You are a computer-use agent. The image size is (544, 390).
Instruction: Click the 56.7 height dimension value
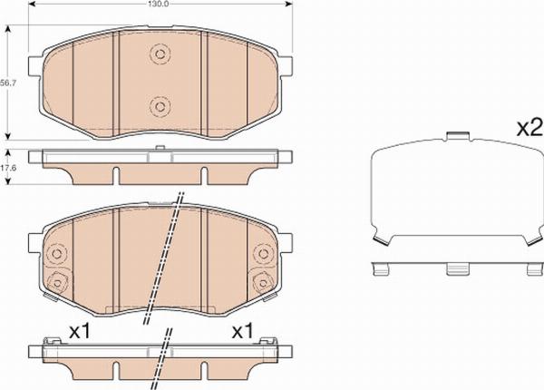(7, 83)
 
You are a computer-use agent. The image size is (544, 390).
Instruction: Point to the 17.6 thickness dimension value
(7, 168)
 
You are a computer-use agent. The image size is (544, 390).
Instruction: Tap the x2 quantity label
(529, 129)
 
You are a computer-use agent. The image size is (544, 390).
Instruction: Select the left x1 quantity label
(80, 331)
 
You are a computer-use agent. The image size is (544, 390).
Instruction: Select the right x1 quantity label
(243, 331)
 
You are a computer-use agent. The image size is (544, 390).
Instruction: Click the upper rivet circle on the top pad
(160, 54)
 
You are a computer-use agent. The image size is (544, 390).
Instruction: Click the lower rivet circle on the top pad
(160, 106)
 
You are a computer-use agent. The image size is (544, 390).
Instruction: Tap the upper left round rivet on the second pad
(56, 253)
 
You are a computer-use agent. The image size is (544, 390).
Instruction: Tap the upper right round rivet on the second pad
(263, 253)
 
